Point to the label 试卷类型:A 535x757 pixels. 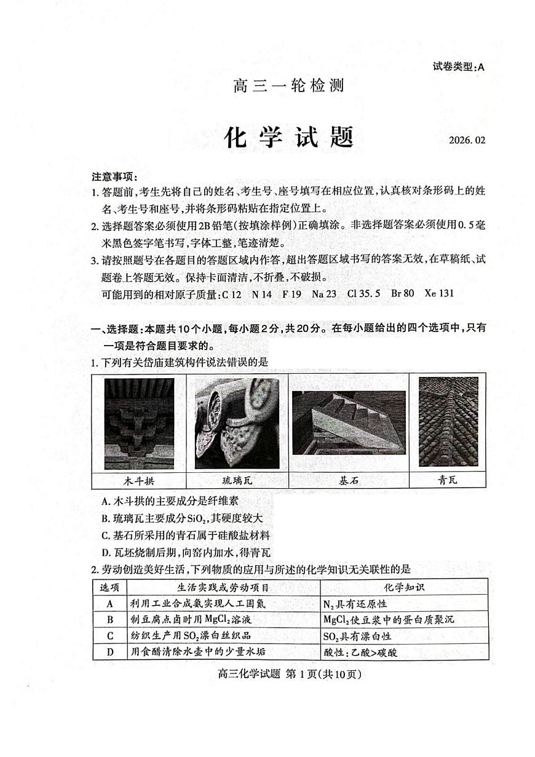click(x=458, y=67)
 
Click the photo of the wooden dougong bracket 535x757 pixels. click(x=139, y=424)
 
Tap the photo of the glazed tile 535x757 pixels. click(x=237, y=424)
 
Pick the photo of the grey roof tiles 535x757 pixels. click(x=448, y=422)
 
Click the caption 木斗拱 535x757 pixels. click(x=139, y=480)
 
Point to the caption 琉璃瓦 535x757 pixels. click(x=237, y=480)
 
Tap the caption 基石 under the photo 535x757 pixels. click(x=349, y=480)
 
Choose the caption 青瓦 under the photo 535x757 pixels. click(x=448, y=480)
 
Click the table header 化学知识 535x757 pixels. click(x=404, y=587)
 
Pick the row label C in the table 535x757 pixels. click(x=110, y=636)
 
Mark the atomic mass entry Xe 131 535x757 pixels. click(x=439, y=293)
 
